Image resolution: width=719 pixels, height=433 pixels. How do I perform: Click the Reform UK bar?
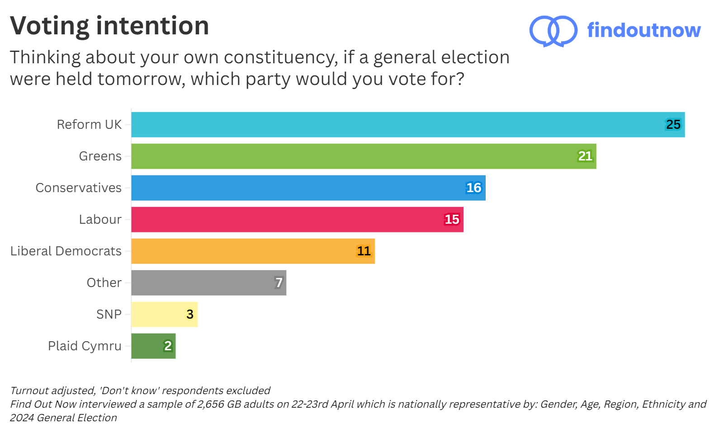(x=407, y=125)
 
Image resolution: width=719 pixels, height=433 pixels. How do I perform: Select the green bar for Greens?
(x=362, y=156)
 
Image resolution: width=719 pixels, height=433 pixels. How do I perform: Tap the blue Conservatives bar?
(x=307, y=188)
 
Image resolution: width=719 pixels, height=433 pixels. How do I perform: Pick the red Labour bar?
(x=296, y=220)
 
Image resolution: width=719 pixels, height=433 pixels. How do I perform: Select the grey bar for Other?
(x=208, y=283)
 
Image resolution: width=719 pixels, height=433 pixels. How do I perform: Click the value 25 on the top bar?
(x=673, y=125)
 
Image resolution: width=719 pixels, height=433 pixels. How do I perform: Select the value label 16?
(x=473, y=188)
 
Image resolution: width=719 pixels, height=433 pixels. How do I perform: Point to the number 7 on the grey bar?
(x=279, y=283)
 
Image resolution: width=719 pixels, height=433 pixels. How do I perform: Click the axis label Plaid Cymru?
(x=85, y=346)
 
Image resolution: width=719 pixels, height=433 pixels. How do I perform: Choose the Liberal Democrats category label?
(x=66, y=251)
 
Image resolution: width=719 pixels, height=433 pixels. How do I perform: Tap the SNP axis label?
(x=109, y=315)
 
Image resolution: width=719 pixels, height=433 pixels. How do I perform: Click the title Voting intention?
(x=109, y=26)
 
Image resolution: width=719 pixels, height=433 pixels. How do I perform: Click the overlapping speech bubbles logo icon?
(x=553, y=31)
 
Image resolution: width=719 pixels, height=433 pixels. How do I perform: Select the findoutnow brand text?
(x=643, y=30)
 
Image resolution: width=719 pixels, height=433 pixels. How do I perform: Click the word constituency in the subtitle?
(x=280, y=58)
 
